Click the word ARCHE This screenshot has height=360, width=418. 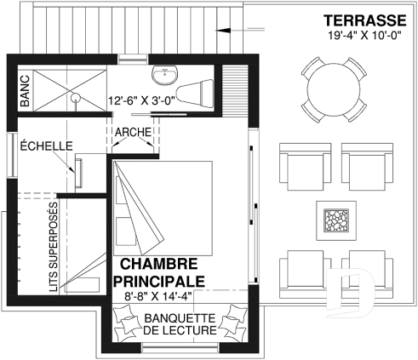click(x=133, y=132)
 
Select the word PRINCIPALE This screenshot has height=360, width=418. click(x=157, y=280)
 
